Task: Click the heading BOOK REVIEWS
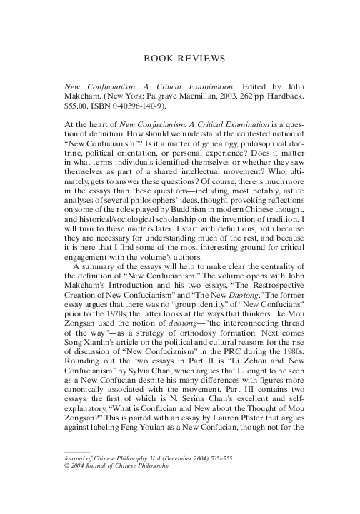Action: [x=179, y=59]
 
